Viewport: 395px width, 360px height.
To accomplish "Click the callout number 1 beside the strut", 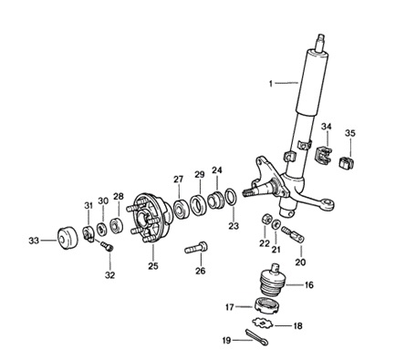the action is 271,83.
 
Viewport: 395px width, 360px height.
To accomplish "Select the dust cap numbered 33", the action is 68,238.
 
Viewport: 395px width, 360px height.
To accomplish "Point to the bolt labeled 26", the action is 196,247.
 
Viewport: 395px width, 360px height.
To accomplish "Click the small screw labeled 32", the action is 107,246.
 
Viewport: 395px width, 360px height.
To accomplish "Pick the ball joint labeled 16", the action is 272,280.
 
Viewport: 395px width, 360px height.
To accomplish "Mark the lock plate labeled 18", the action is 262,323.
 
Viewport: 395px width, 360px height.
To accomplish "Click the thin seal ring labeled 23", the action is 231,197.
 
